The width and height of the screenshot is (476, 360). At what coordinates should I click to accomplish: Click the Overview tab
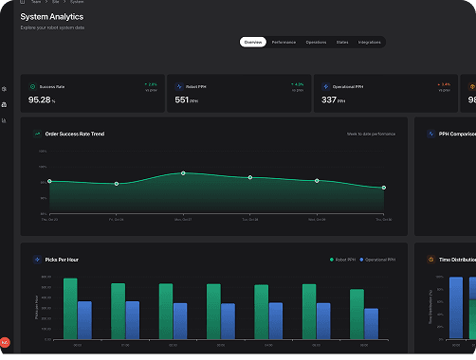coord(252,43)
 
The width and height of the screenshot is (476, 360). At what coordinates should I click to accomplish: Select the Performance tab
coord(284,43)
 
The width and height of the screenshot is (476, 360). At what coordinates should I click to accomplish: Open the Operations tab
coord(316,43)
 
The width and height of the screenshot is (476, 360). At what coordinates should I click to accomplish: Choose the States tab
coord(342,43)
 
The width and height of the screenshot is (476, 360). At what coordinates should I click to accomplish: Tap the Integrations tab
coord(370,43)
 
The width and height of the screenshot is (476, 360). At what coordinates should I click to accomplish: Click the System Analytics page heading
coord(51,17)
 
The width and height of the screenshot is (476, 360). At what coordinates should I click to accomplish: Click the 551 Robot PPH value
coord(183,99)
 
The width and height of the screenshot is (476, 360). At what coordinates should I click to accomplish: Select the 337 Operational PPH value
coord(329,99)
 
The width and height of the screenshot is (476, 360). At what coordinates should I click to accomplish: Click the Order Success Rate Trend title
coord(75,134)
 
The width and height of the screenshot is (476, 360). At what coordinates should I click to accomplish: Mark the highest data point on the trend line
coord(183,173)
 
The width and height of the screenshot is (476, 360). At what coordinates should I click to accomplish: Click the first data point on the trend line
coord(49,181)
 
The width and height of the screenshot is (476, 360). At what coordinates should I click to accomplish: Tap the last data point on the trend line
coord(384,188)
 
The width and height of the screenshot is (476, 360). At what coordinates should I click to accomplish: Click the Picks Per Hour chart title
coord(64,258)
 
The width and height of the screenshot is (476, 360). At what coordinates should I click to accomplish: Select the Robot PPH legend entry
coord(341,258)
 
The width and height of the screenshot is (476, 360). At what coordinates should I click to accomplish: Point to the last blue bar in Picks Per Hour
coord(371,324)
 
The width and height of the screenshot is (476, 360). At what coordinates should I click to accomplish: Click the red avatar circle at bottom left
coord(5,342)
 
